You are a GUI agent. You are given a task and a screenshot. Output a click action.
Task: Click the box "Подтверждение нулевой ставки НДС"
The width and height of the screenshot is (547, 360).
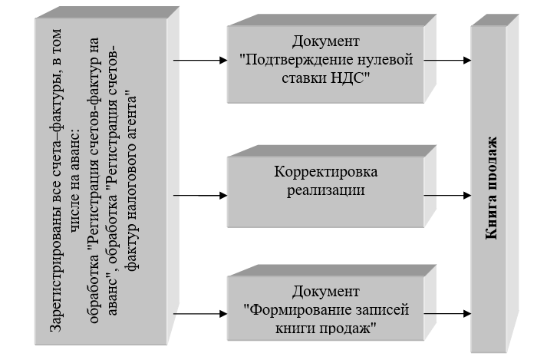tap(326, 60)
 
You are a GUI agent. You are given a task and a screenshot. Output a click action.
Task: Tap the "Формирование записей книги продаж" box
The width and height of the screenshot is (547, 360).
tap(326, 307)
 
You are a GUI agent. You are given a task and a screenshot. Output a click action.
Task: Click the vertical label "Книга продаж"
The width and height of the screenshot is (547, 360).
tap(491, 188)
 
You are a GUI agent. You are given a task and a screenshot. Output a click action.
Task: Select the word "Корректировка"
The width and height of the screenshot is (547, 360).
tap(326, 171)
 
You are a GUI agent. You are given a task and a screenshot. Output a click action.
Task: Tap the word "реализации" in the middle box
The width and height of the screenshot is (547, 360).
tap(326, 190)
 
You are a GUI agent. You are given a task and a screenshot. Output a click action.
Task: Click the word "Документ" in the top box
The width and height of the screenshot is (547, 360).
tap(326, 41)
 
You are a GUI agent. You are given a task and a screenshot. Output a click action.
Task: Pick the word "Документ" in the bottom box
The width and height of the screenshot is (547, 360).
tap(326, 292)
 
